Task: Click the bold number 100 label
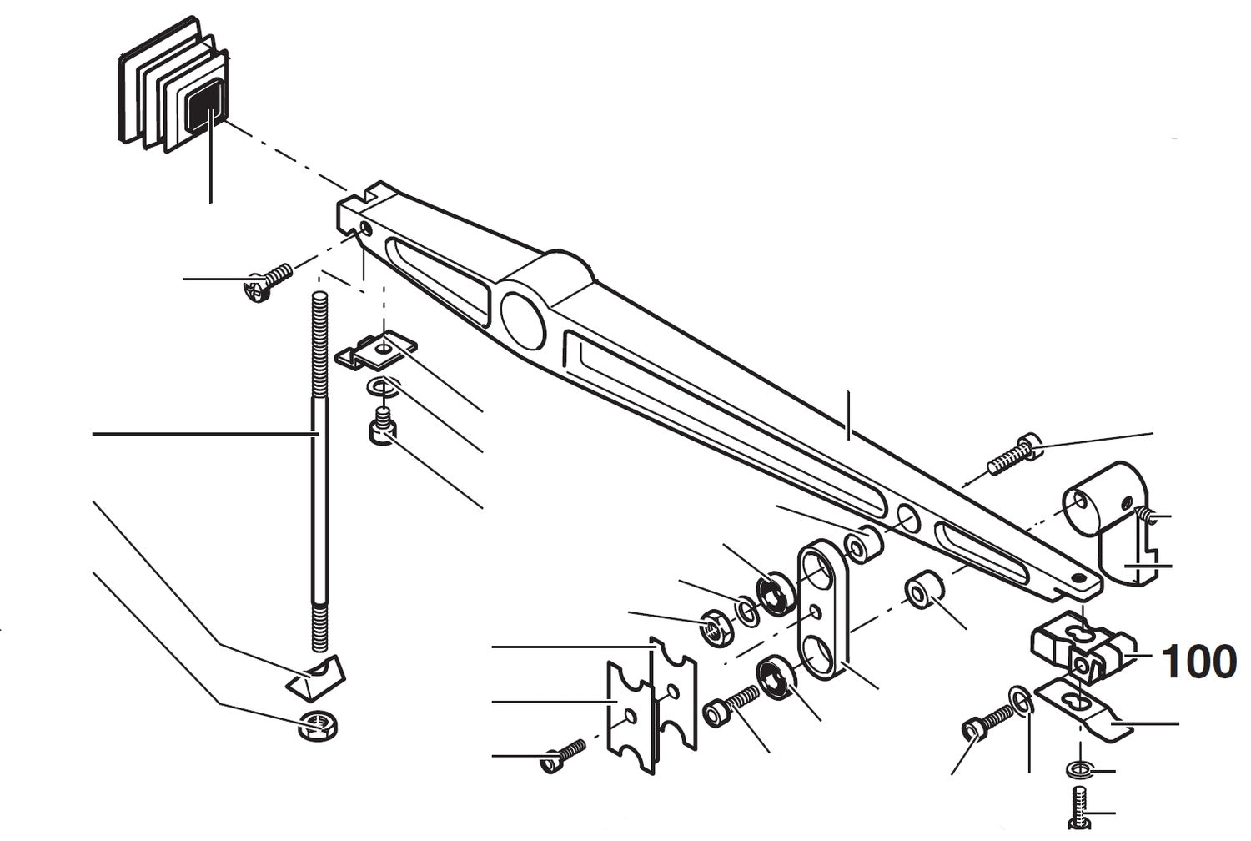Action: pos(1198,662)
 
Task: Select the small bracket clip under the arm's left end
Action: pos(375,352)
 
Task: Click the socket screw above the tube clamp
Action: pos(1014,455)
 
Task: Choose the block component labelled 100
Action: pos(1076,649)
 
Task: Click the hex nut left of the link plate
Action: pos(715,627)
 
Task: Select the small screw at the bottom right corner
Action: pos(1078,807)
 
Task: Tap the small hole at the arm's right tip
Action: pos(1080,577)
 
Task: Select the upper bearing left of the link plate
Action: pos(774,593)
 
